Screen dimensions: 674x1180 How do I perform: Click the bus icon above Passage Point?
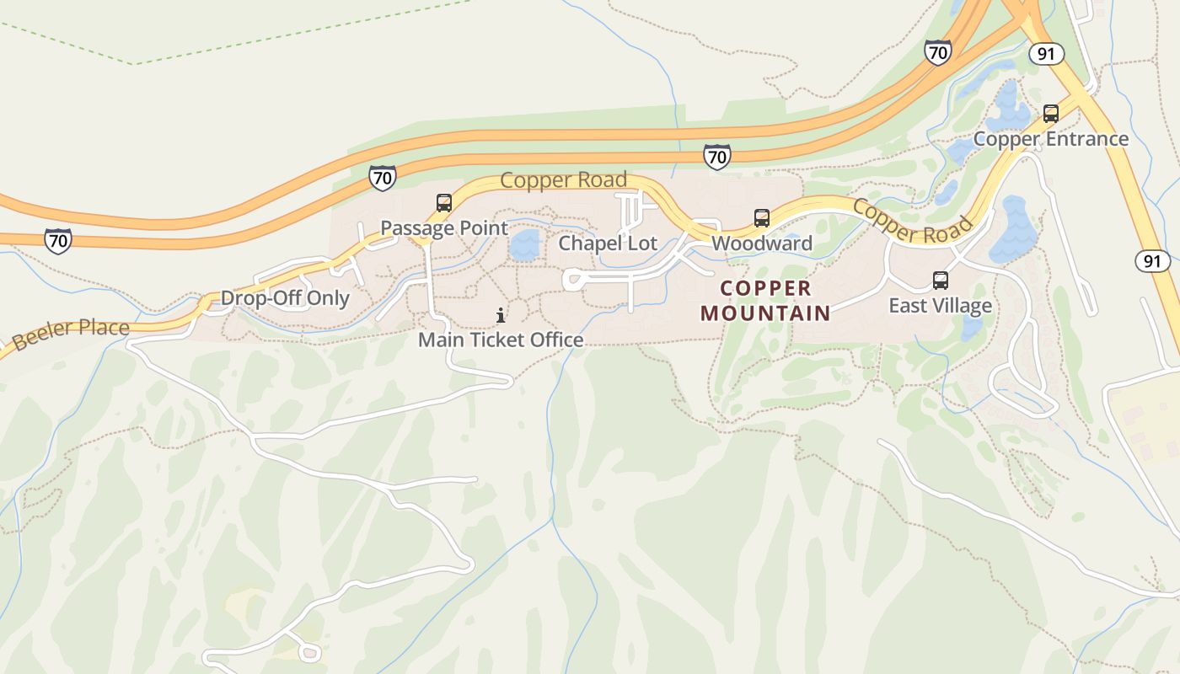tap(443, 203)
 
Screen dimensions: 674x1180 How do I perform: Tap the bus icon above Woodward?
tap(762, 218)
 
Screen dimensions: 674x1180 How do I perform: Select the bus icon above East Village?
tap(941, 281)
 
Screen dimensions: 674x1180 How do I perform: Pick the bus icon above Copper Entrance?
tap(1051, 114)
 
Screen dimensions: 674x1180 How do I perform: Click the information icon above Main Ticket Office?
tap(501, 316)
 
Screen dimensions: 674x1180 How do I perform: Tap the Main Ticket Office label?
tap(501, 340)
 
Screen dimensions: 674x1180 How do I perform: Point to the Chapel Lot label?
tap(608, 243)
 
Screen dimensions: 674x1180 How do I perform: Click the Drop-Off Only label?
tap(285, 298)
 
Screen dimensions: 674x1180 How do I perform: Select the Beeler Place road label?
tap(71, 333)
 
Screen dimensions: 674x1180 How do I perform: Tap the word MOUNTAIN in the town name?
tap(765, 313)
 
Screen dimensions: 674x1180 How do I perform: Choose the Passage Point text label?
tap(444, 228)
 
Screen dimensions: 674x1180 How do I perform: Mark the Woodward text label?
tap(762, 243)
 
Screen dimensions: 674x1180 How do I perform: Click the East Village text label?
tap(940, 305)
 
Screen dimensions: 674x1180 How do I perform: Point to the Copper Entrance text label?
tap(1050, 139)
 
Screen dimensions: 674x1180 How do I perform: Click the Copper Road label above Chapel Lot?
tap(563, 180)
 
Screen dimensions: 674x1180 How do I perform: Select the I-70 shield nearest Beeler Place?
tap(58, 240)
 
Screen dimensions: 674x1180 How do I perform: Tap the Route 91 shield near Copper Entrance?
tap(1046, 54)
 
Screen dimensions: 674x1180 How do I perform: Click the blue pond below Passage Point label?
tap(524, 246)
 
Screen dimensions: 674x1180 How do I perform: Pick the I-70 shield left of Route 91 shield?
tap(937, 52)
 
